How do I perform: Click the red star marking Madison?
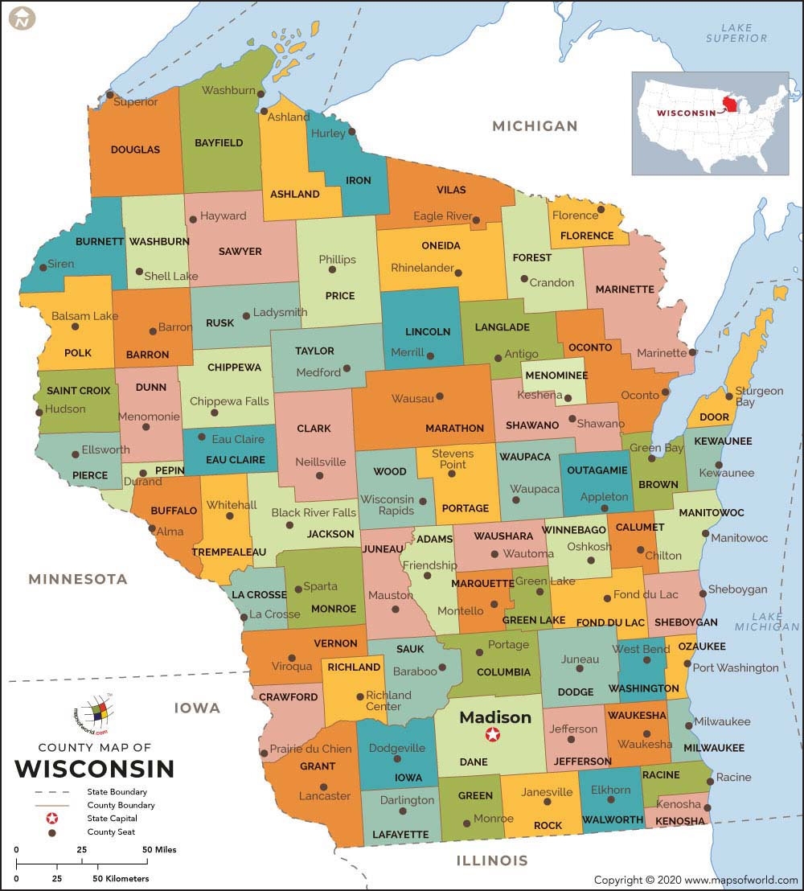click(x=492, y=734)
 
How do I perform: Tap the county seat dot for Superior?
click(x=110, y=95)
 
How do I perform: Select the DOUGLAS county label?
click(x=135, y=150)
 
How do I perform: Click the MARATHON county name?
click(x=454, y=428)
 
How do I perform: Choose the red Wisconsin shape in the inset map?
click(x=730, y=105)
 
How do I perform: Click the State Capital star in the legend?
click(x=52, y=818)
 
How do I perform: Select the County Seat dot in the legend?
click(x=52, y=832)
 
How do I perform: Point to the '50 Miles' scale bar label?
click(x=159, y=849)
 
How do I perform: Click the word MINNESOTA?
click(x=78, y=579)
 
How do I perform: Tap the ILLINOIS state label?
click(x=492, y=860)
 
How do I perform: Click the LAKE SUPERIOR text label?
click(x=736, y=33)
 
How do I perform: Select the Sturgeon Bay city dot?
click(x=729, y=396)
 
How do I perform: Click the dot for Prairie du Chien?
click(x=265, y=753)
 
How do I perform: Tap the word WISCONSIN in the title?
click(x=94, y=769)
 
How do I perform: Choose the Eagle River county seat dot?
click(x=476, y=220)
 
